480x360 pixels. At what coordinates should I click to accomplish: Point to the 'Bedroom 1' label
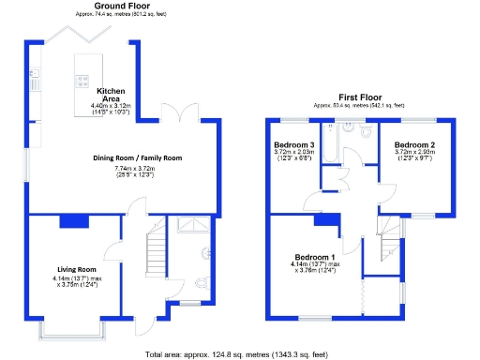315,257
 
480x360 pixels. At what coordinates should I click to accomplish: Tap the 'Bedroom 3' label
294,145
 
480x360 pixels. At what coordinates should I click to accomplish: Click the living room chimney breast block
72,221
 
